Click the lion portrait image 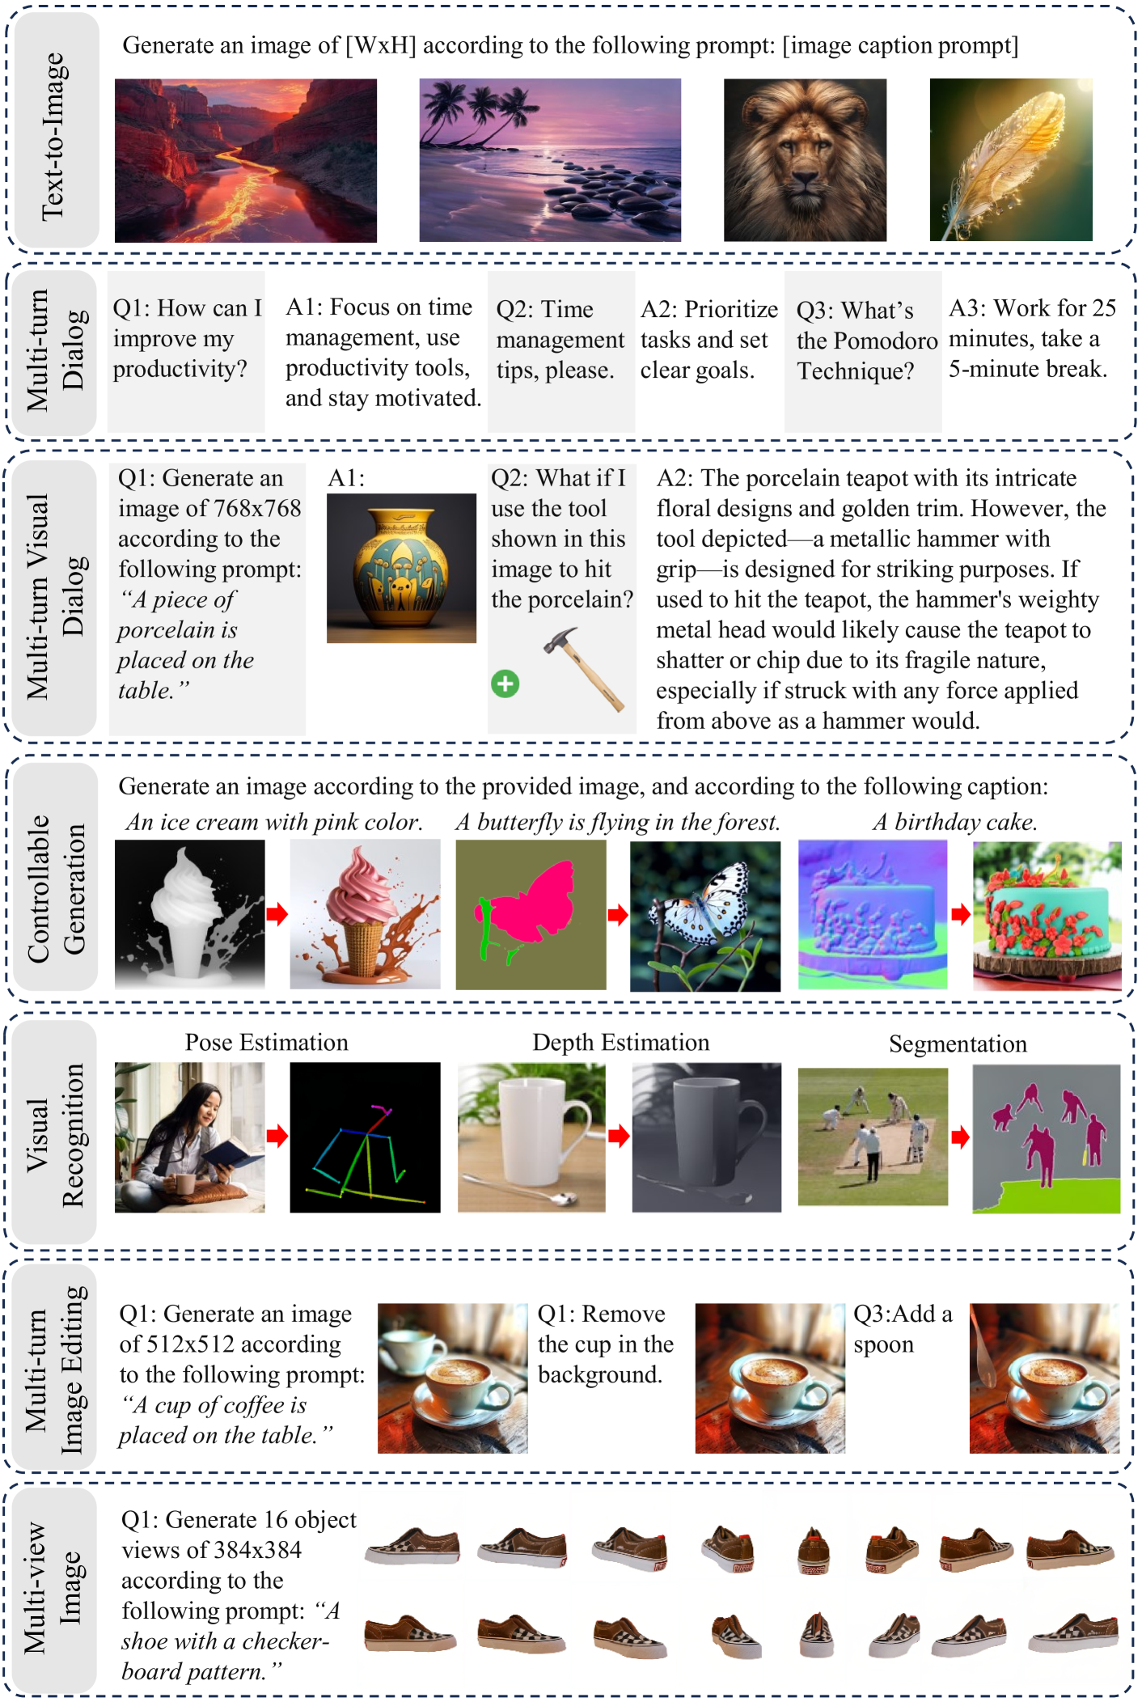[805, 160]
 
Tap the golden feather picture [1011, 160]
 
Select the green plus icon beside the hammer [505, 684]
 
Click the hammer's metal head [559, 640]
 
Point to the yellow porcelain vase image [401, 568]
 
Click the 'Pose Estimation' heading [267, 1042]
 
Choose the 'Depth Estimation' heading [621, 1042]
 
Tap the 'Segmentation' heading [958, 1044]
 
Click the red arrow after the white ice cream [277, 914]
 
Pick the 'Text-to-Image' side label [53, 136]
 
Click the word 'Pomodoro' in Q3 [888, 341]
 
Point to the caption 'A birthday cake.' [955, 822]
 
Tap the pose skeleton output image [366, 1137]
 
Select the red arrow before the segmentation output [960, 1137]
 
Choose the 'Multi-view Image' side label [53, 1587]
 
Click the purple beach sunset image [550, 160]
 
